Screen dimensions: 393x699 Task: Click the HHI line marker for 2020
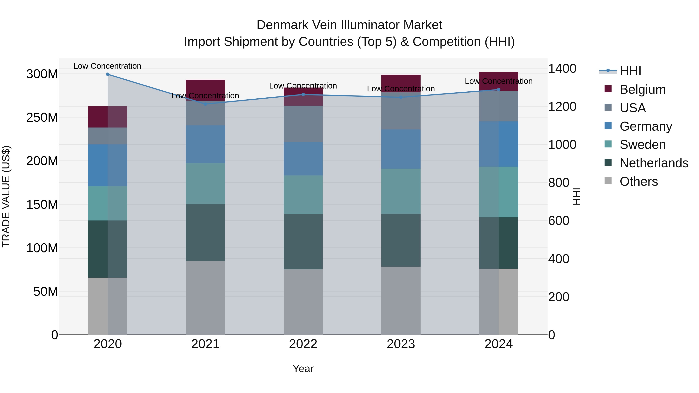[x=108, y=74]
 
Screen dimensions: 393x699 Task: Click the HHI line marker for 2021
[x=205, y=104]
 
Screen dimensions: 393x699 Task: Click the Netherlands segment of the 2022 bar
[x=303, y=241]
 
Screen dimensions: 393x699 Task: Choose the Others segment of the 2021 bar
[x=205, y=298]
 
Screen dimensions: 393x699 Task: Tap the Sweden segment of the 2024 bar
[x=498, y=192]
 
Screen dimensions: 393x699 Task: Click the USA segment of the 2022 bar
[x=303, y=124]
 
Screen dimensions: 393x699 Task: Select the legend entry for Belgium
[x=642, y=89]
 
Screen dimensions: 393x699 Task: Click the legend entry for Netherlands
[x=654, y=163]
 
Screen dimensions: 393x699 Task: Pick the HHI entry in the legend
[x=630, y=71]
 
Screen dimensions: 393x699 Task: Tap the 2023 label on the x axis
[x=401, y=344]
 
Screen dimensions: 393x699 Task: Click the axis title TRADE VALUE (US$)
[x=6, y=196]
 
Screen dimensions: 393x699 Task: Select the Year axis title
[x=303, y=369]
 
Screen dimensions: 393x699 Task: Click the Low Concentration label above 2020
[x=107, y=66]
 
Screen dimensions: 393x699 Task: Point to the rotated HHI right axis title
[x=576, y=196]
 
